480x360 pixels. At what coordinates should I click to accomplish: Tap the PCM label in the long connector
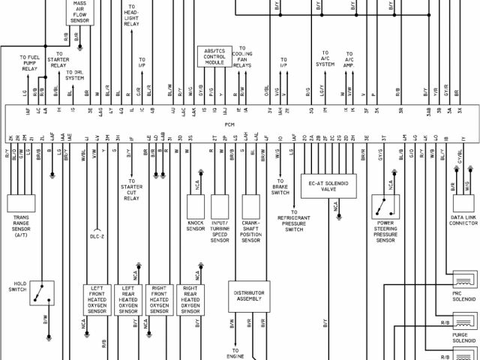(x=229, y=124)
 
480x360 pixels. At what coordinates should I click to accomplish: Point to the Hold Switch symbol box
(x=42, y=293)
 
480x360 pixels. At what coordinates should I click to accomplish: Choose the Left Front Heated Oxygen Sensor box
(x=97, y=299)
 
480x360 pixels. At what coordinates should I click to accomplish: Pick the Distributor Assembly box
(x=249, y=296)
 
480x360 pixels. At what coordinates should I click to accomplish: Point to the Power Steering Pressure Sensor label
(x=385, y=231)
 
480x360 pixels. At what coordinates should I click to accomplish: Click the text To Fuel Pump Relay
(x=30, y=63)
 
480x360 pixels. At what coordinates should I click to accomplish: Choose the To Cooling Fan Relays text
(x=242, y=59)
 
